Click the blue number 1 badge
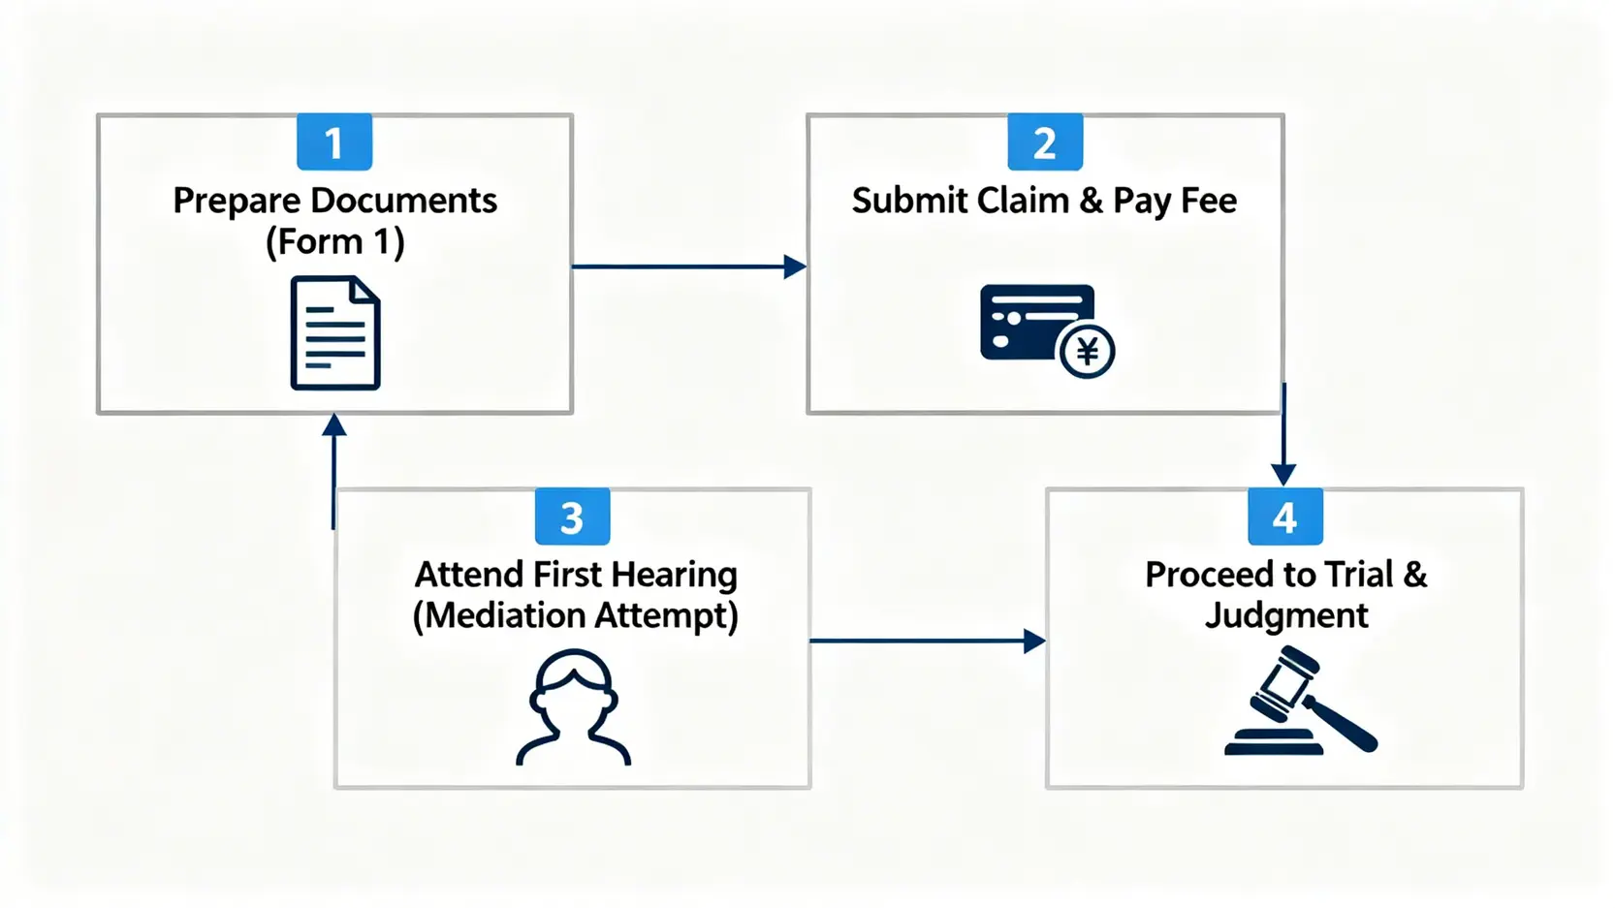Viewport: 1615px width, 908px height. pos(334,142)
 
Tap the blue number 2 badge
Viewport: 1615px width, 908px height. pos(1045,142)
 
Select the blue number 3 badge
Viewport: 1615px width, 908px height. pos(572,517)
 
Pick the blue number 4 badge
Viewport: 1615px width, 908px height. pos(1284,517)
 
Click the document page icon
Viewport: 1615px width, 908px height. pos(335,333)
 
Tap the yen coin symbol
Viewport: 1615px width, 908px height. pos(1087,352)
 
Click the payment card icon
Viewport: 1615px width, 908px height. pos(1035,322)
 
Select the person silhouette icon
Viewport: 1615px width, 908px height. pos(574,707)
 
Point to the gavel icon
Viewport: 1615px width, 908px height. pos(1299,702)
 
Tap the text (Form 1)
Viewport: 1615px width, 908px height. pos(335,241)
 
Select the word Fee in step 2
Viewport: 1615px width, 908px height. pos(1209,201)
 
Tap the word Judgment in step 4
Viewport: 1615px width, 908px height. pos(1286,615)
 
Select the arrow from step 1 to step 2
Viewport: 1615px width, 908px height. pos(688,266)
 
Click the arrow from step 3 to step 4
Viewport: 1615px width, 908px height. pos(926,641)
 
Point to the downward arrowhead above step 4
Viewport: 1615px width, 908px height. pos(1283,474)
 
